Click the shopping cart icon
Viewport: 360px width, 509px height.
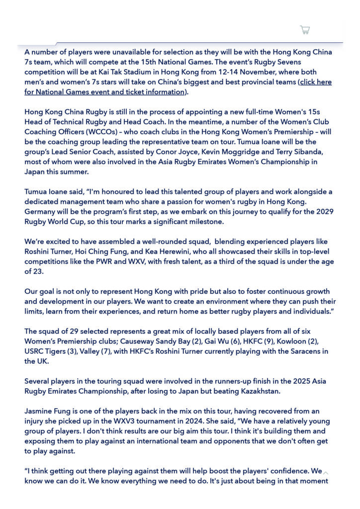[x=305, y=30]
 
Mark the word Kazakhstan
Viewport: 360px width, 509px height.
[x=258, y=391]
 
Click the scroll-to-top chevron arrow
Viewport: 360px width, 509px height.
[x=326, y=473]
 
